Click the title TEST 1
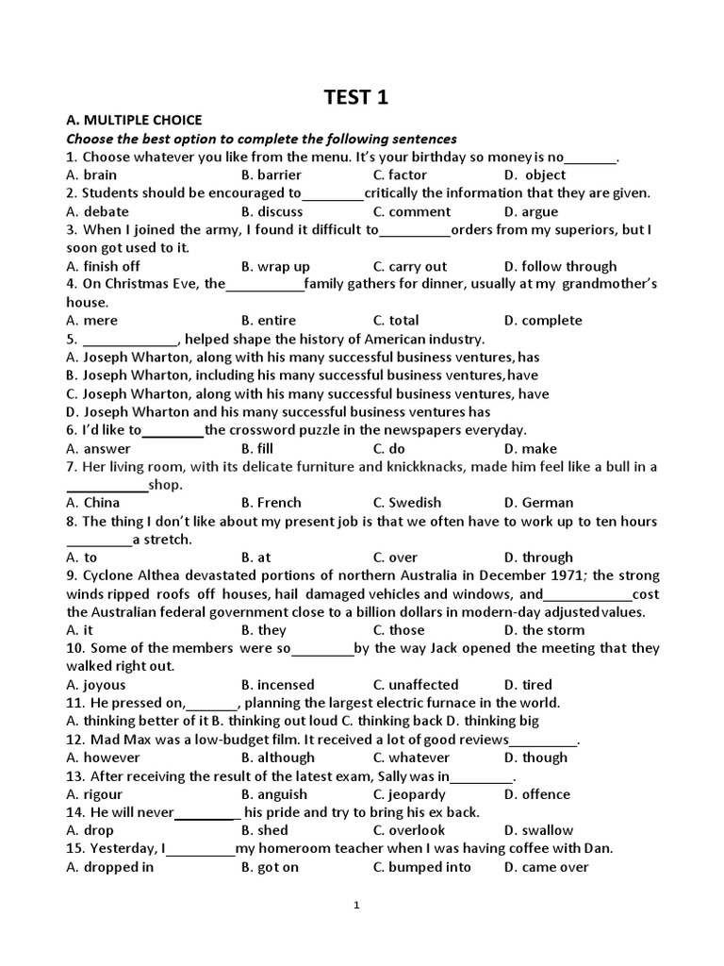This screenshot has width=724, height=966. pyautogui.click(x=356, y=97)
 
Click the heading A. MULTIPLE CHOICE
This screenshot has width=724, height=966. pyautogui.click(x=134, y=120)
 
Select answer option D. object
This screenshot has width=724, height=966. pyautogui.click(x=535, y=175)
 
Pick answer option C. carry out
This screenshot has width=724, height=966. pyautogui.click(x=410, y=266)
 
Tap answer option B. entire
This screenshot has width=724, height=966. pyautogui.click(x=269, y=321)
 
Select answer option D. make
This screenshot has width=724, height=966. pyautogui.click(x=531, y=449)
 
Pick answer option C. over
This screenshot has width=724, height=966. pyautogui.click(x=395, y=558)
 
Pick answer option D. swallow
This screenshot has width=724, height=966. pyautogui.click(x=538, y=830)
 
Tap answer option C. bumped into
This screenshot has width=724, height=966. pyautogui.click(x=422, y=867)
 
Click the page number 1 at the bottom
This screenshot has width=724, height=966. pyautogui.click(x=356, y=906)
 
